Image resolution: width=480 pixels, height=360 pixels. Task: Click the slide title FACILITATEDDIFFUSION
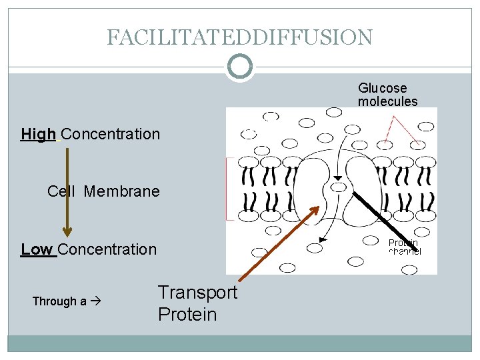tap(239, 37)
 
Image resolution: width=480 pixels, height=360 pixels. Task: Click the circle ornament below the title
tap(239, 67)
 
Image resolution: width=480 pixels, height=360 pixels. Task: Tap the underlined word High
tap(38, 134)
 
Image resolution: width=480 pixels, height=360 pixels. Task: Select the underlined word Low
tap(37, 249)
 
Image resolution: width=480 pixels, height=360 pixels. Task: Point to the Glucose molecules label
tap(387, 95)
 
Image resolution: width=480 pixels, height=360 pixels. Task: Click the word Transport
tap(197, 293)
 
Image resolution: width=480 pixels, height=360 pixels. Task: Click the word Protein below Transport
tap(187, 315)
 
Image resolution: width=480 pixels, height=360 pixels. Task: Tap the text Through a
tap(59, 301)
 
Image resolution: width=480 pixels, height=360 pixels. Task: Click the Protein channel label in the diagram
tap(404, 247)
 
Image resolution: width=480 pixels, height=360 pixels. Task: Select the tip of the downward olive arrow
tap(67, 233)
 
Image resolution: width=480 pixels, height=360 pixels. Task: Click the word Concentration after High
tap(110, 134)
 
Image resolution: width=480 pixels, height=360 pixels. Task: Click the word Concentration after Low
tap(107, 249)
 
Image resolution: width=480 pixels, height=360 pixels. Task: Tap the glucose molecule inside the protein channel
tap(339, 187)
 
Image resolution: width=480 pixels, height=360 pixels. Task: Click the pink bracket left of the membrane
tap(227, 189)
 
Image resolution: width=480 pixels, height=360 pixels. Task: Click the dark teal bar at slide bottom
tap(239, 343)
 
